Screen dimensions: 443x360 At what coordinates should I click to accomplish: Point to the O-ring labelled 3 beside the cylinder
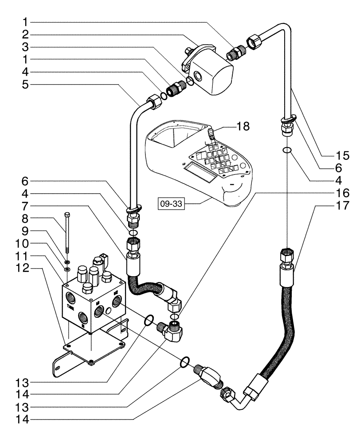190,81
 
